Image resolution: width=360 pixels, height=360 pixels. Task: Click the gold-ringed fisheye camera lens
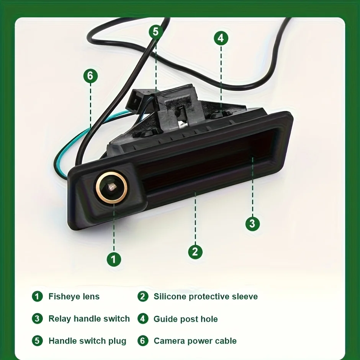[x=111, y=188]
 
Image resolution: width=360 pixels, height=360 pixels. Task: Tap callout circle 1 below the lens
[x=114, y=259]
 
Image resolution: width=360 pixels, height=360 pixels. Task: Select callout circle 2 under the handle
[x=195, y=252]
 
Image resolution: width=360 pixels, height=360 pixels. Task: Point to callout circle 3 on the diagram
[x=252, y=224]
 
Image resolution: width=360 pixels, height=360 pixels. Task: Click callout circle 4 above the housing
[x=221, y=38]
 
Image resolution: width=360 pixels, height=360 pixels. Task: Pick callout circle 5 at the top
[x=156, y=31]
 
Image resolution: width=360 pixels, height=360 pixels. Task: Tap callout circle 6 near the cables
[x=90, y=76]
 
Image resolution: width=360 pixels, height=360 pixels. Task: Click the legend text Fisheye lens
[x=74, y=296]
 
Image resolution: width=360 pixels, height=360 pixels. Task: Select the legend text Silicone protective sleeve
[x=206, y=296]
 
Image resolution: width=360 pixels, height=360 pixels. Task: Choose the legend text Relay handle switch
[x=89, y=319]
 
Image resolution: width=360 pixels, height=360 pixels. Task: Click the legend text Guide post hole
[x=185, y=319]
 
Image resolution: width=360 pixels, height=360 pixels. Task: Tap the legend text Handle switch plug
[x=87, y=341]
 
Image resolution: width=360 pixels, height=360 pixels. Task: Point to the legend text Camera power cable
[x=195, y=341]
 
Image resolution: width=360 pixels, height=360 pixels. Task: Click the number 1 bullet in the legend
[x=37, y=296]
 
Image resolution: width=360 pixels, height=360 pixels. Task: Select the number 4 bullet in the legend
[x=143, y=319]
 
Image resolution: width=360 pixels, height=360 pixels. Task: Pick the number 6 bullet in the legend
[x=143, y=341]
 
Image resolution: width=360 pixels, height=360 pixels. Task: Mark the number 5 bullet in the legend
[x=37, y=341]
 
